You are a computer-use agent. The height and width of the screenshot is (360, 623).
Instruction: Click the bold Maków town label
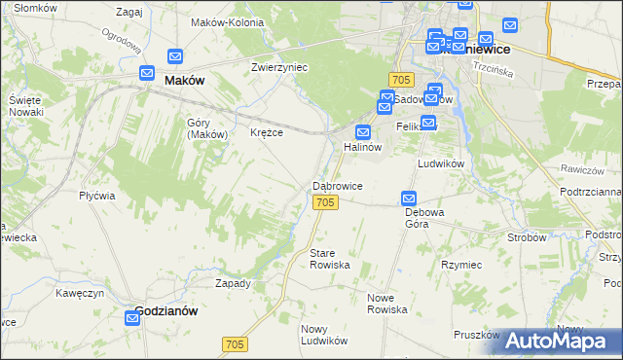point(184,81)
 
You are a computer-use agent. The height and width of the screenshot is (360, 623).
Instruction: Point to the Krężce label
point(267,132)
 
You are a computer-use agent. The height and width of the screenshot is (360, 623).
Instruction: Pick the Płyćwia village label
point(97,196)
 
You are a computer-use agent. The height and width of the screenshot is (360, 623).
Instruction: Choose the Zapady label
point(233,284)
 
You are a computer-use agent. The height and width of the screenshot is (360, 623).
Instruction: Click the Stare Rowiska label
point(329,259)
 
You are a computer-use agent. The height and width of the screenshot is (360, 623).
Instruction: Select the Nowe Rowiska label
point(386,303)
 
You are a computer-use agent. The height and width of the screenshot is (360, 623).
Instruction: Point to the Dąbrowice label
point(338,185)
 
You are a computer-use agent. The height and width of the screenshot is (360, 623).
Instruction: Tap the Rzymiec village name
point(461,264)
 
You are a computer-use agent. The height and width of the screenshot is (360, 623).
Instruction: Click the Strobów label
point(527,236)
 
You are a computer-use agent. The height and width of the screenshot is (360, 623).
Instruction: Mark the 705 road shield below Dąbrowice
point(326,201)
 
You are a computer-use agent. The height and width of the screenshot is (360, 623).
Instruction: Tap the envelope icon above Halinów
point(364,132)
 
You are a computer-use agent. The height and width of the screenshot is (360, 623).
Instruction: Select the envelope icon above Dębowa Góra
point(410,198)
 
